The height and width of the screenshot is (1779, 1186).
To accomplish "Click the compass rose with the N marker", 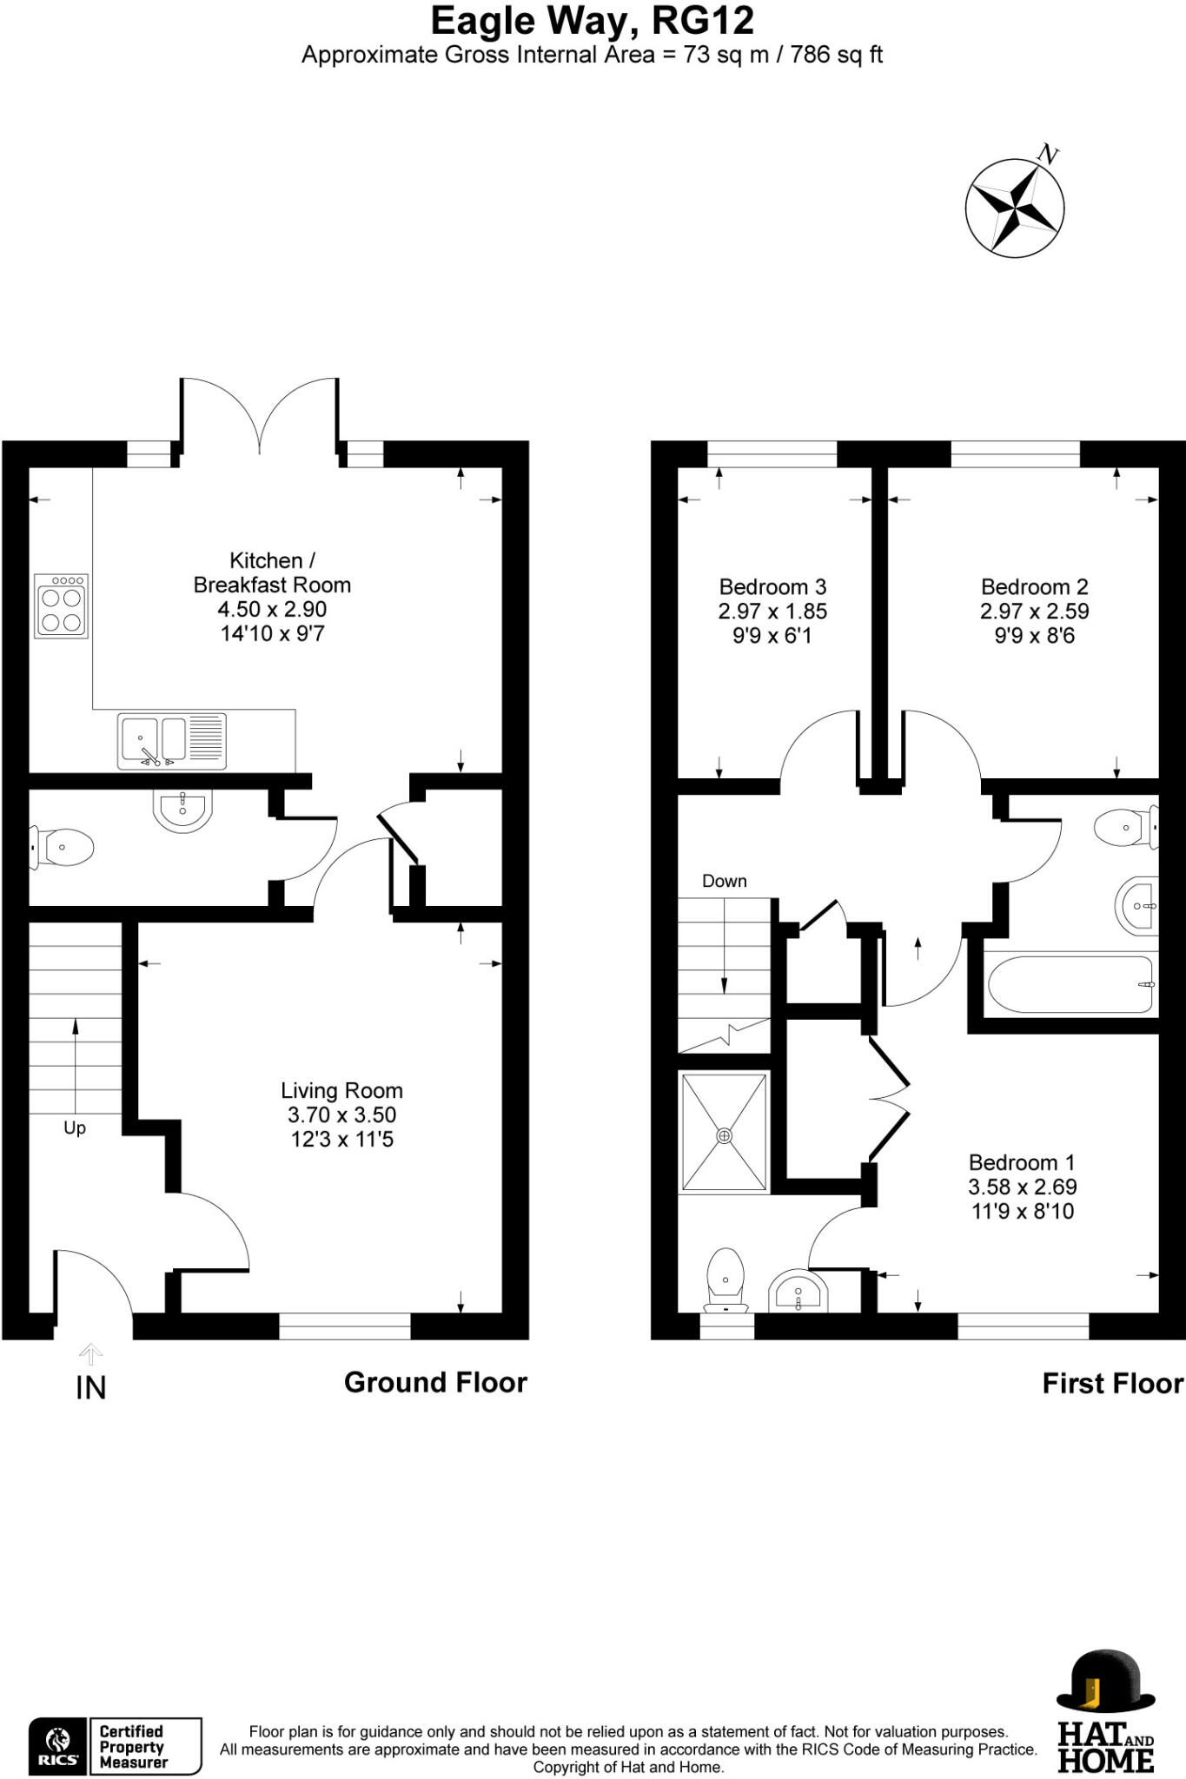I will pyautogui.click(x=1014, y=208).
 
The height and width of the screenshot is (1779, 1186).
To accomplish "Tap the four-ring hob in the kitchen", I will pyautogui.click(x=61, y=606).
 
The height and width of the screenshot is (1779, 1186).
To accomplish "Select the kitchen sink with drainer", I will pyautogui.click(x=172, y=741).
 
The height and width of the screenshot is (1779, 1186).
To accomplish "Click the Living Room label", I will pyautogui.click(x=341, y=1090).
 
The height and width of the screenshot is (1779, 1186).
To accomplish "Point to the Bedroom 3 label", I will pyautogui.click(x=772, y=587).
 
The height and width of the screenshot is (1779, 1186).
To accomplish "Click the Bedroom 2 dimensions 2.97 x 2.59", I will pyautogui.click(x=1034, y=612).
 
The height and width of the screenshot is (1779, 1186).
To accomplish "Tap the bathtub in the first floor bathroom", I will pyautogui.click(x=1070, y=984).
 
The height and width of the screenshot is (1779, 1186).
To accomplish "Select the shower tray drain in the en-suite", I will pyautogui.click(x=724, y=1135).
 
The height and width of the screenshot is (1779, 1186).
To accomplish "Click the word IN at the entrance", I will pyautogui.click(x=90, y=1388).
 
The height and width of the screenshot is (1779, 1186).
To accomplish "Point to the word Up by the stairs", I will pyautogui.click(x=75, y=1128).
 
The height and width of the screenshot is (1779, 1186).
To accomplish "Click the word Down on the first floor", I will pyautogui.click(x=724, y=881).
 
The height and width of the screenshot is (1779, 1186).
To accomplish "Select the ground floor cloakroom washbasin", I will pyautogui.click(x=182, y=809).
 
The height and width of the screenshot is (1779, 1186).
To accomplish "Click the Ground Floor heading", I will pyautogui.click(x=435, y=1382).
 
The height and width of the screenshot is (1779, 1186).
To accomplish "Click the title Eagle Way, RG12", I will pyautogui.click(x=592, y=21).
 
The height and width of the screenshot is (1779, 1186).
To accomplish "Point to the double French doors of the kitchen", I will pyautogui.click(x=260, y=417).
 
